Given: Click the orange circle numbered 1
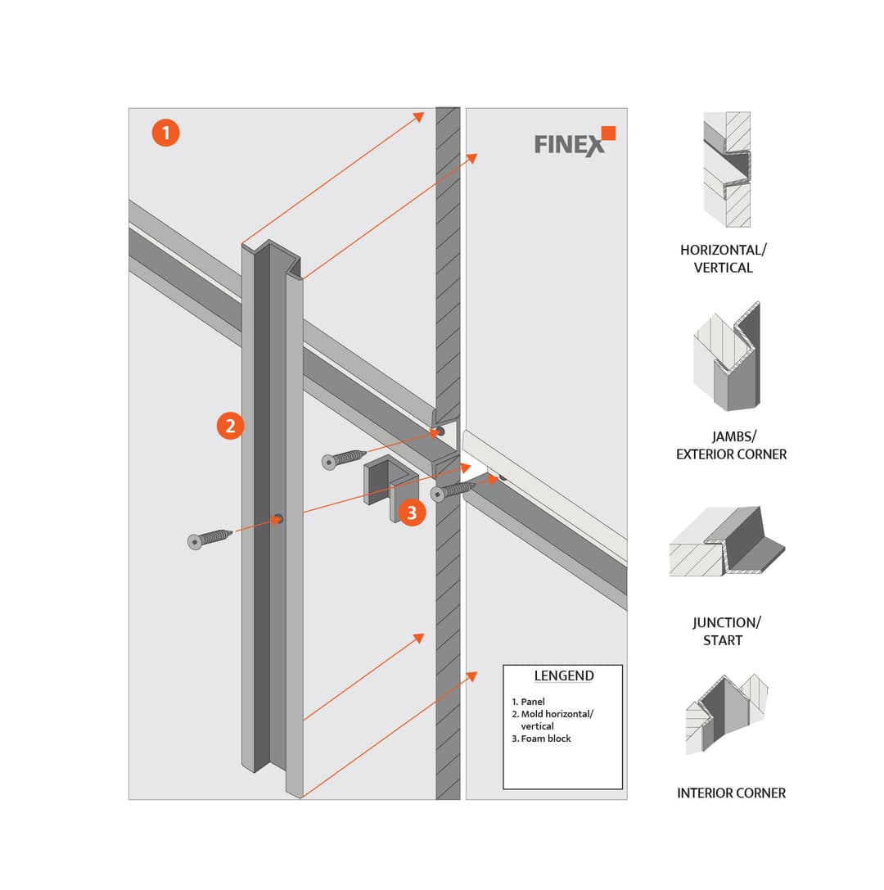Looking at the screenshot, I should click(x=165, y=133).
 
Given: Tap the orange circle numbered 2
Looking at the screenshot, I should click(x=230, y=426).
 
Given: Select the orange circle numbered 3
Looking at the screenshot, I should click(x=412, y=513).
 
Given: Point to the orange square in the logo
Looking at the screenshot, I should click(x=607, y=133).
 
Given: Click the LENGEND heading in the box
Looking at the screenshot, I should click(x=563, y=676).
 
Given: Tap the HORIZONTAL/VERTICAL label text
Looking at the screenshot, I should click(x=723, y=259).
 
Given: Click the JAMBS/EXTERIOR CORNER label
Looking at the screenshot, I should click(x=731, y=445).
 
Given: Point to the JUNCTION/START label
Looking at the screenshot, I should click(x=726, y=631).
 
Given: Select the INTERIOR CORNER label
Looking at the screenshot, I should click(x=731, y=793).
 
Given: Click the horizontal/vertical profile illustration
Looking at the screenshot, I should click(x=727, y=169).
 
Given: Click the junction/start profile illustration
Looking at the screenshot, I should click(x=727, y=541).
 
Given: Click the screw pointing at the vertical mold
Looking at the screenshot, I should click(x=210, y=537).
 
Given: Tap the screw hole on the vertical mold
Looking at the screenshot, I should click(x=278, y=518).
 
